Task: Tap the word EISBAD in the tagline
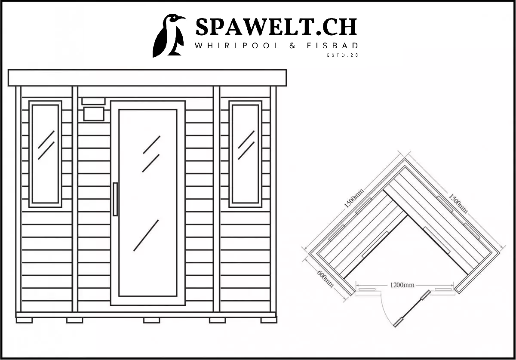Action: coord(332,46)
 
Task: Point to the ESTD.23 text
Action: coord(343,55)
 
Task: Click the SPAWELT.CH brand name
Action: coord(276,27)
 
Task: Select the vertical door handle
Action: coord(115,200)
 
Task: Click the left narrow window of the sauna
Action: coord(46,154)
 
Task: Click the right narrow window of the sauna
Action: coord(246,154)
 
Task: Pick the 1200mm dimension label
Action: coord(402,285)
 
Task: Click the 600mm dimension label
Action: coord(325,279)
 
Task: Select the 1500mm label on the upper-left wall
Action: coord(354,198)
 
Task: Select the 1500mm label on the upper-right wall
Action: coord(458,203)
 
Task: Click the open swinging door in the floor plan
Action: coord(412,308)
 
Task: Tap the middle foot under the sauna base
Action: coord(151,320)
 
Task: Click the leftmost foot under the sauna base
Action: coord(24,320)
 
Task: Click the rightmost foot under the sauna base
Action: coord(269,320)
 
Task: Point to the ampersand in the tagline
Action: coord(292,46)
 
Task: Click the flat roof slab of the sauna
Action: coord(147,78)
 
